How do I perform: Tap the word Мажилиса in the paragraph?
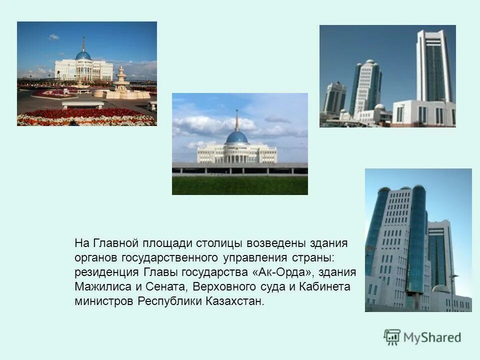coord(97,287)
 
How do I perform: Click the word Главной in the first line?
coord(115,243)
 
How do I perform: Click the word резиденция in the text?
coord(103,272)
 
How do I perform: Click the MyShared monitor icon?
coord(392,337)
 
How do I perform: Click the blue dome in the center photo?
coord(237,137)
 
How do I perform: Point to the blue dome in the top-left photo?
coord(83,55)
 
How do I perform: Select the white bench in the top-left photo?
coord(83,105)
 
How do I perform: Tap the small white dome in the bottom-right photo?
coord(441,288)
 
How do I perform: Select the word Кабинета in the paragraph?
coord(325,287)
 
